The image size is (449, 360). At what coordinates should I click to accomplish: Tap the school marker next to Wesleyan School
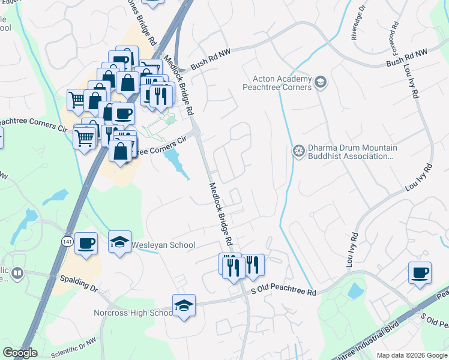point(120,242)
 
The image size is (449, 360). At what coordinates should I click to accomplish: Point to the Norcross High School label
point(133,313)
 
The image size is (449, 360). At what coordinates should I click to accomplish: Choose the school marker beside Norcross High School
point(184,305)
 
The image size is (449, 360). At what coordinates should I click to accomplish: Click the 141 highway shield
point(67,241)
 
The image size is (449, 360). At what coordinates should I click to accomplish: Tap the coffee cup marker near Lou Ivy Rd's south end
point(420,273)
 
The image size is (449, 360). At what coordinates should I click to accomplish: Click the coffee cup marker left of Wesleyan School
point(86,243)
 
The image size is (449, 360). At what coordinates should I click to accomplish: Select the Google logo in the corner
point(20,353)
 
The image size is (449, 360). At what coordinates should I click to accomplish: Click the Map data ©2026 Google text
point(412,355)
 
